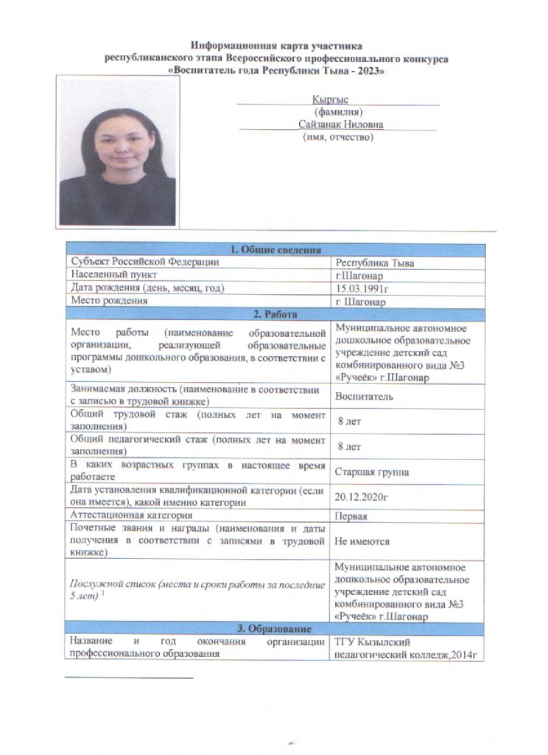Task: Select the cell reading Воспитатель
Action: (364, 396)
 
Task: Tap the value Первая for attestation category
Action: (352, 516)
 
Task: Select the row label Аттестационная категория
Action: (132, 515)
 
